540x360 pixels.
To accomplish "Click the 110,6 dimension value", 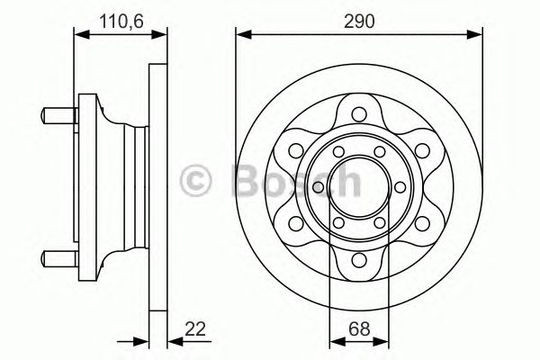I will coord(119,17).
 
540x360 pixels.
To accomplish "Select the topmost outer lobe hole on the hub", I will coord(358,113).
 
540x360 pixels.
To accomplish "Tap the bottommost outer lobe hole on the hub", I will coord(358,261).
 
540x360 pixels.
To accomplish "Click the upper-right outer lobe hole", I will coord(421,150).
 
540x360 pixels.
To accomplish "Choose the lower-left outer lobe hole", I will coord(295,224).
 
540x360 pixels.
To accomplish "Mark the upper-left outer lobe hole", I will coord(295,150).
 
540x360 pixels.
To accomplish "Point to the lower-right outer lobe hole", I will coord(421,224).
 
